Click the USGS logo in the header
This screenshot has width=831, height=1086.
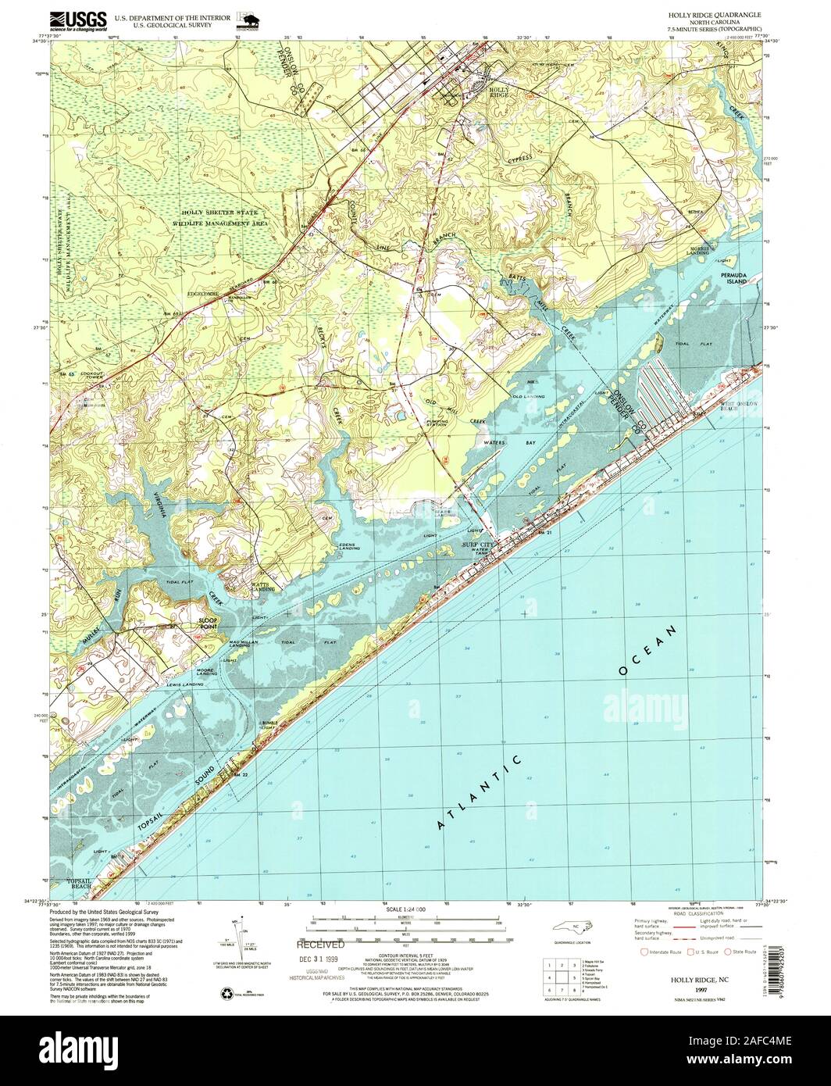[x=79, y=20]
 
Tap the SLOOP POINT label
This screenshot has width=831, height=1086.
[x=208, y=623]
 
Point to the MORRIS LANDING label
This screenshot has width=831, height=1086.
[x=698, y=251]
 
